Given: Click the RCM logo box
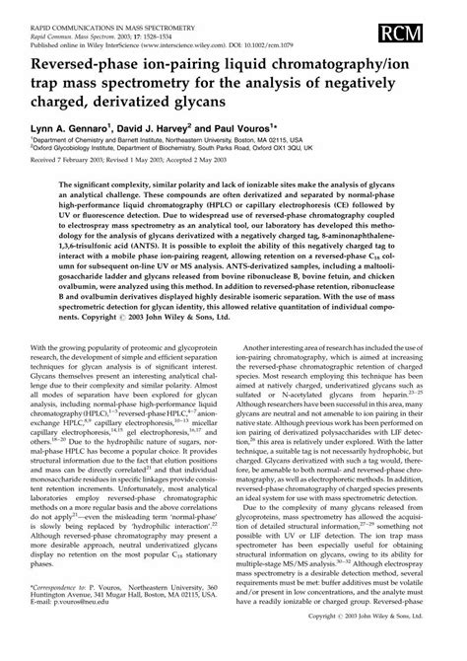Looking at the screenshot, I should (431, 23).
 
